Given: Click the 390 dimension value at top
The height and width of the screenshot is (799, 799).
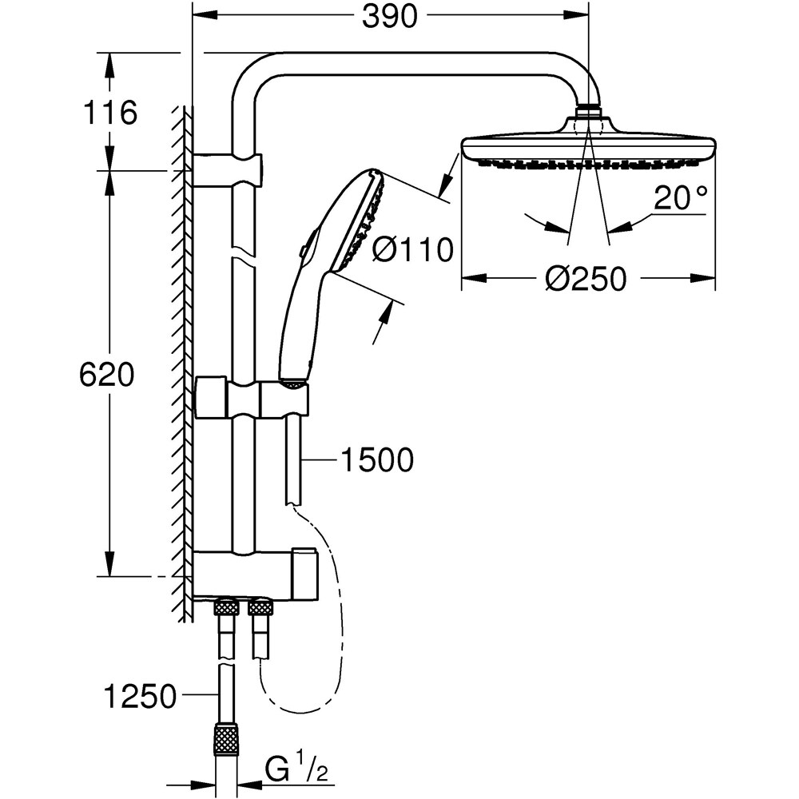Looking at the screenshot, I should (x=390, y=17).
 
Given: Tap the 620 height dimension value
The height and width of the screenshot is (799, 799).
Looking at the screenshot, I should (x=106, y=375).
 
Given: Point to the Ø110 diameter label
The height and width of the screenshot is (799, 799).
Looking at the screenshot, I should (x=413, y=250).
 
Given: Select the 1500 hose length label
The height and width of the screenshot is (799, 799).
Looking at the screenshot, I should (x=376, y=459).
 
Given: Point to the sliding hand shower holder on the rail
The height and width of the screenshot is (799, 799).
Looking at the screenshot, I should (x=252, y=397).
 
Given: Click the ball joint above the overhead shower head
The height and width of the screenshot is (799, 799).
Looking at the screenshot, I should (x=589, y=109).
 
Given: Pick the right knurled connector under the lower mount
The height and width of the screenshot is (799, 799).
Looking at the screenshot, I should (x=261, y=608).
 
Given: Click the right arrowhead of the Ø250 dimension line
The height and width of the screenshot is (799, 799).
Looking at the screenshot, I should (x=707, y=278).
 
